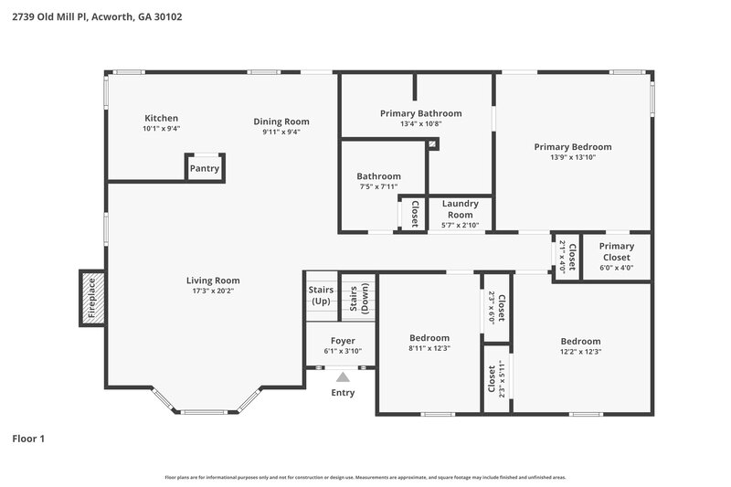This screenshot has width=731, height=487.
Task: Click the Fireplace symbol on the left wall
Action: pos(91,298)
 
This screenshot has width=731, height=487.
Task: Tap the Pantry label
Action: pos(204,169)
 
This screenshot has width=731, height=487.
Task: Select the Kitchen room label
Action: pos(161,118)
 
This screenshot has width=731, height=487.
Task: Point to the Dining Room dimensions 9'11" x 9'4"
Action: pos(281,132)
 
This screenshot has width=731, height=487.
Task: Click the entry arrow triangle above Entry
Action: pos(343,376)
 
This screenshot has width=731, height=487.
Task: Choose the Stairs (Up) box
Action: pos(321,296)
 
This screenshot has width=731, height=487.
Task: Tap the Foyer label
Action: pos(343,341)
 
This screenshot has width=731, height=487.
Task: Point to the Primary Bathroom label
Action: pos(420,113)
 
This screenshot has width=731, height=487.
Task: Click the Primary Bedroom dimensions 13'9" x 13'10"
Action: pos(573,157)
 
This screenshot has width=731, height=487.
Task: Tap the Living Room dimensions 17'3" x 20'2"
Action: pos(213,291)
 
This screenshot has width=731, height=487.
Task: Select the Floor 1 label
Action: pos(28,439)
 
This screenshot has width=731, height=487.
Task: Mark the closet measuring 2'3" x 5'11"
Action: pos(494,378)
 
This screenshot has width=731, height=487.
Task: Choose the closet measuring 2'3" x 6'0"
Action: pos(498,308)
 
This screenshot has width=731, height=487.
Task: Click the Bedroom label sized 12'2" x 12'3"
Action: pos(580,341)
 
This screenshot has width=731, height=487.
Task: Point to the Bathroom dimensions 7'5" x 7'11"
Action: pos(378,187)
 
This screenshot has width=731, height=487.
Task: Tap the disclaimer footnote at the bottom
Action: pos(365,477)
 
